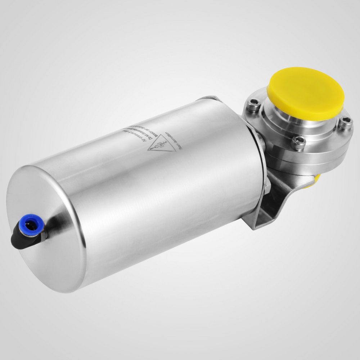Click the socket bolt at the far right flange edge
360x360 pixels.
[x=345, y=124]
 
